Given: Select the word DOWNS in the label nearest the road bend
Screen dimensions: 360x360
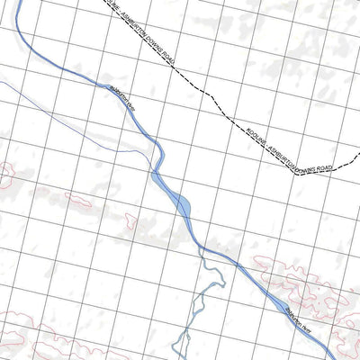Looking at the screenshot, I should click(x=305, y=157).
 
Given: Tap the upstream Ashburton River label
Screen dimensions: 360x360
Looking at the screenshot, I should click(x=123, y=101).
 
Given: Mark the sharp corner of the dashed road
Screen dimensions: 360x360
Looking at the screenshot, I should click(x=296, y=174).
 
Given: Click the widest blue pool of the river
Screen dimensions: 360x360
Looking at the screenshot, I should click(x=180, y=206).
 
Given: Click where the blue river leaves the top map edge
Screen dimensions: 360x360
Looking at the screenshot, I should click(x=16, y=1).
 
